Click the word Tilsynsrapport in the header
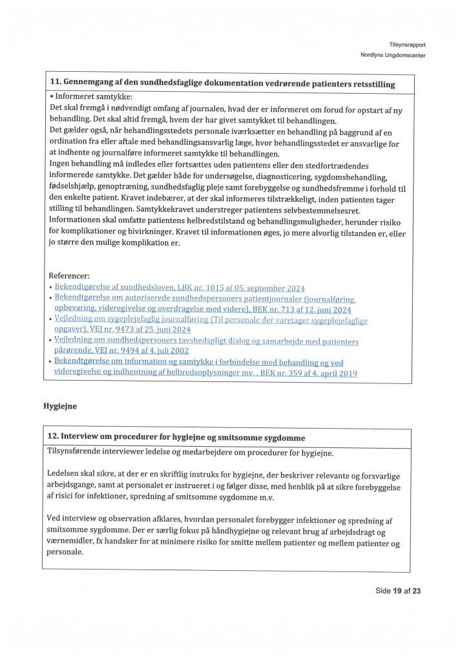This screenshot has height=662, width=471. (x=407, y=45)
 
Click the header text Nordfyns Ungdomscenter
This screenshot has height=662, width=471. (x=393, y=55)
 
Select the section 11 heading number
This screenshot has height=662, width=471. (x=55, y=83)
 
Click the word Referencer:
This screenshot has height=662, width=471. (x=69, y=275)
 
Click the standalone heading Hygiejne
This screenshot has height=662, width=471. (x=61, y=407)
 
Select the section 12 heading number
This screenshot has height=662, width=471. (x=54, y=438)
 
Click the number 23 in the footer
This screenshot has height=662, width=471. (x=416, y=590)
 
